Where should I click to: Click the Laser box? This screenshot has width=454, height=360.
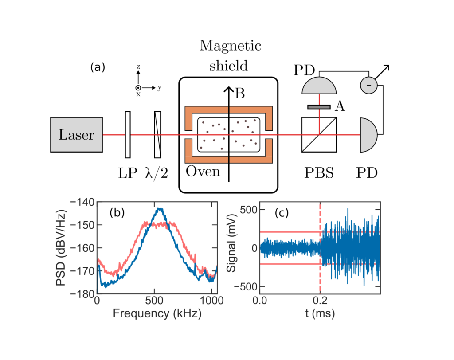(x=76, y=135)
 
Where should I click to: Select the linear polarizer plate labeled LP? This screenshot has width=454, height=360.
(x=128, y=135)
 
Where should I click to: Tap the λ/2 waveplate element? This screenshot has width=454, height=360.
(x=157, y=135)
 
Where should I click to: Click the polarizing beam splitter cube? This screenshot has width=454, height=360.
(x=319, y=135)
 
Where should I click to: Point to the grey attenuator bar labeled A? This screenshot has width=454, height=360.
(x=319, y=107)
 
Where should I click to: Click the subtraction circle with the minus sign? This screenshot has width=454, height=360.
(x=368, y=85)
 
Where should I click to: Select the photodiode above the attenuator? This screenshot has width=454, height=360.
(x=319, y=86)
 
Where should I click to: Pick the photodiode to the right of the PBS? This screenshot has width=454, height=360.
(x=368, y=135)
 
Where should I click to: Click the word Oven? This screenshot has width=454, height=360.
(x=203, y=172)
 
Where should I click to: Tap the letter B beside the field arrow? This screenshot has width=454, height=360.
(x=240, y=93)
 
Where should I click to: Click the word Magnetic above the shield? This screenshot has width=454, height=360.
(x=231, y=46)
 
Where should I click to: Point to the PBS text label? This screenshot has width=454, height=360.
(x=319, y=173)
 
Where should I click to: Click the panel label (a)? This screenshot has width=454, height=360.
(x=98, y=67)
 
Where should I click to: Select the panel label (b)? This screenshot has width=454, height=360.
(x=117, y=212)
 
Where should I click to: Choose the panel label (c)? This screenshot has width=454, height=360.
(x=282, y=213)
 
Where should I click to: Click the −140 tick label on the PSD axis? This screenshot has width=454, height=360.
(x=82, y=202)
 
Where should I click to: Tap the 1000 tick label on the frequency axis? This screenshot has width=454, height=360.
(x=211, y=300)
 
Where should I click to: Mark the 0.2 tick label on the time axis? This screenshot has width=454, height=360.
(x=320, y=300)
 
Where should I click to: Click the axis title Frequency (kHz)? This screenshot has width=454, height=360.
(x=157, y=313)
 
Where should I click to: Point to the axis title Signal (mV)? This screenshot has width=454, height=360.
(x=231, y=243)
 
